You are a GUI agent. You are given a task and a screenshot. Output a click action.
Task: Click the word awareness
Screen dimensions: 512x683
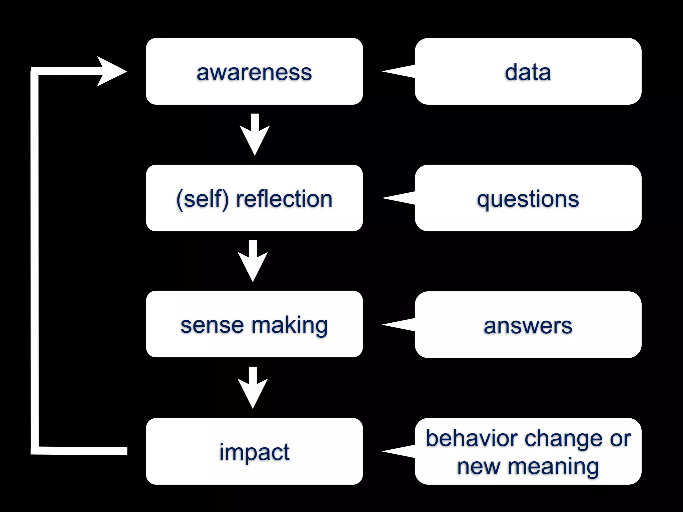(254, 73)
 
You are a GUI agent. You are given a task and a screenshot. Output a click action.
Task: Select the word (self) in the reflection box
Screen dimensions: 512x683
(202, 199)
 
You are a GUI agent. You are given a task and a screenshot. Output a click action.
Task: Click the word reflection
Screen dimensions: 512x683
(284, 199)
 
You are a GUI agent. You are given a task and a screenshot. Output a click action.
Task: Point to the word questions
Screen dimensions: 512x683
(528, 200)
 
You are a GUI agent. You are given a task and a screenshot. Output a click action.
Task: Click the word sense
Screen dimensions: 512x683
(212, 325)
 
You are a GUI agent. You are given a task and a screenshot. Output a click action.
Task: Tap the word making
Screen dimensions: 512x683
(289, 326)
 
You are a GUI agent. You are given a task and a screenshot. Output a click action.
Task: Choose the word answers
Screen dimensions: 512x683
(528, 326)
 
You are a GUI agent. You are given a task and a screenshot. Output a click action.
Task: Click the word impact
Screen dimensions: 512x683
(254, 453)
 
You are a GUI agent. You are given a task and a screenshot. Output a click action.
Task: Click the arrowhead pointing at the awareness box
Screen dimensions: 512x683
(112, 71)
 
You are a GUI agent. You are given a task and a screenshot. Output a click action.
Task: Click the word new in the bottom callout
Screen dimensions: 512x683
(478, 467)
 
